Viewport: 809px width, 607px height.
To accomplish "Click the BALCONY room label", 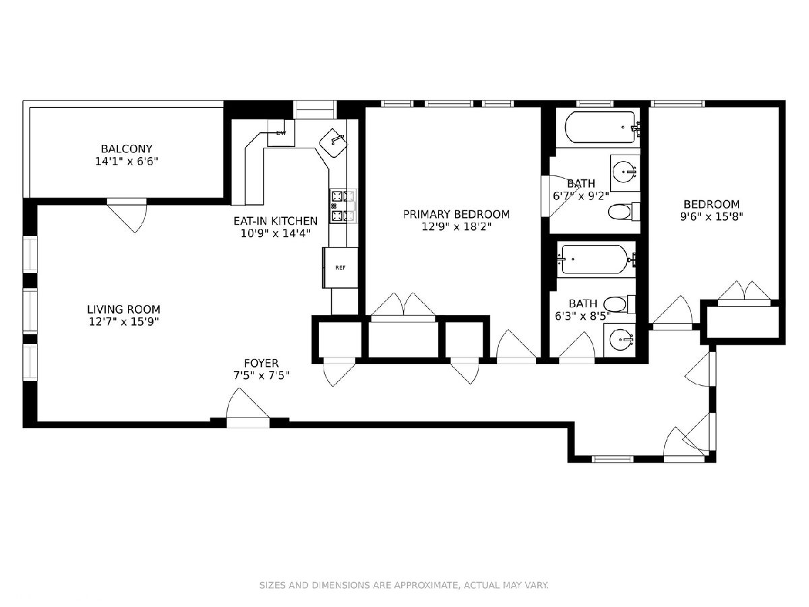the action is tap(127, 149).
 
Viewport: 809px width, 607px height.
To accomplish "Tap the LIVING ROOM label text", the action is tap(123, 309).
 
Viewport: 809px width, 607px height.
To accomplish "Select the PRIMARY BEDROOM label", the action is tap(456, 214).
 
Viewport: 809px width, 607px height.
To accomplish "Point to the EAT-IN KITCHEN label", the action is tap(275, 221).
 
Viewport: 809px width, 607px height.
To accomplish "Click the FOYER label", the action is tap(262, 363).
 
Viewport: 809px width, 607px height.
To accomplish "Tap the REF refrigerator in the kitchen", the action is tap(340, 268).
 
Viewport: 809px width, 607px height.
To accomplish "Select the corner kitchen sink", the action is tap(334, 143).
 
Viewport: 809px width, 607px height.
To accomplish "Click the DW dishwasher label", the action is tap(281, 133).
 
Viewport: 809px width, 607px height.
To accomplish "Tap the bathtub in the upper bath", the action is tap(600, 127).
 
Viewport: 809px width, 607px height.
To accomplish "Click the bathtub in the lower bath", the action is tap(594, 260).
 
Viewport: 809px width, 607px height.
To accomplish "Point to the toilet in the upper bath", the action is tap(624, 212).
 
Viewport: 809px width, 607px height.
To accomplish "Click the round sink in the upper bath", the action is tap(625, 172).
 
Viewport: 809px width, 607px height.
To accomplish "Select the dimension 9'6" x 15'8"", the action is tap(711, 216).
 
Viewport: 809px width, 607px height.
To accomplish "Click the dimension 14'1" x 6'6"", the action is tap(127, 161).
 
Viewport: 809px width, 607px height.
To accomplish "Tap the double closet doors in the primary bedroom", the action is tap(403, 306).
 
